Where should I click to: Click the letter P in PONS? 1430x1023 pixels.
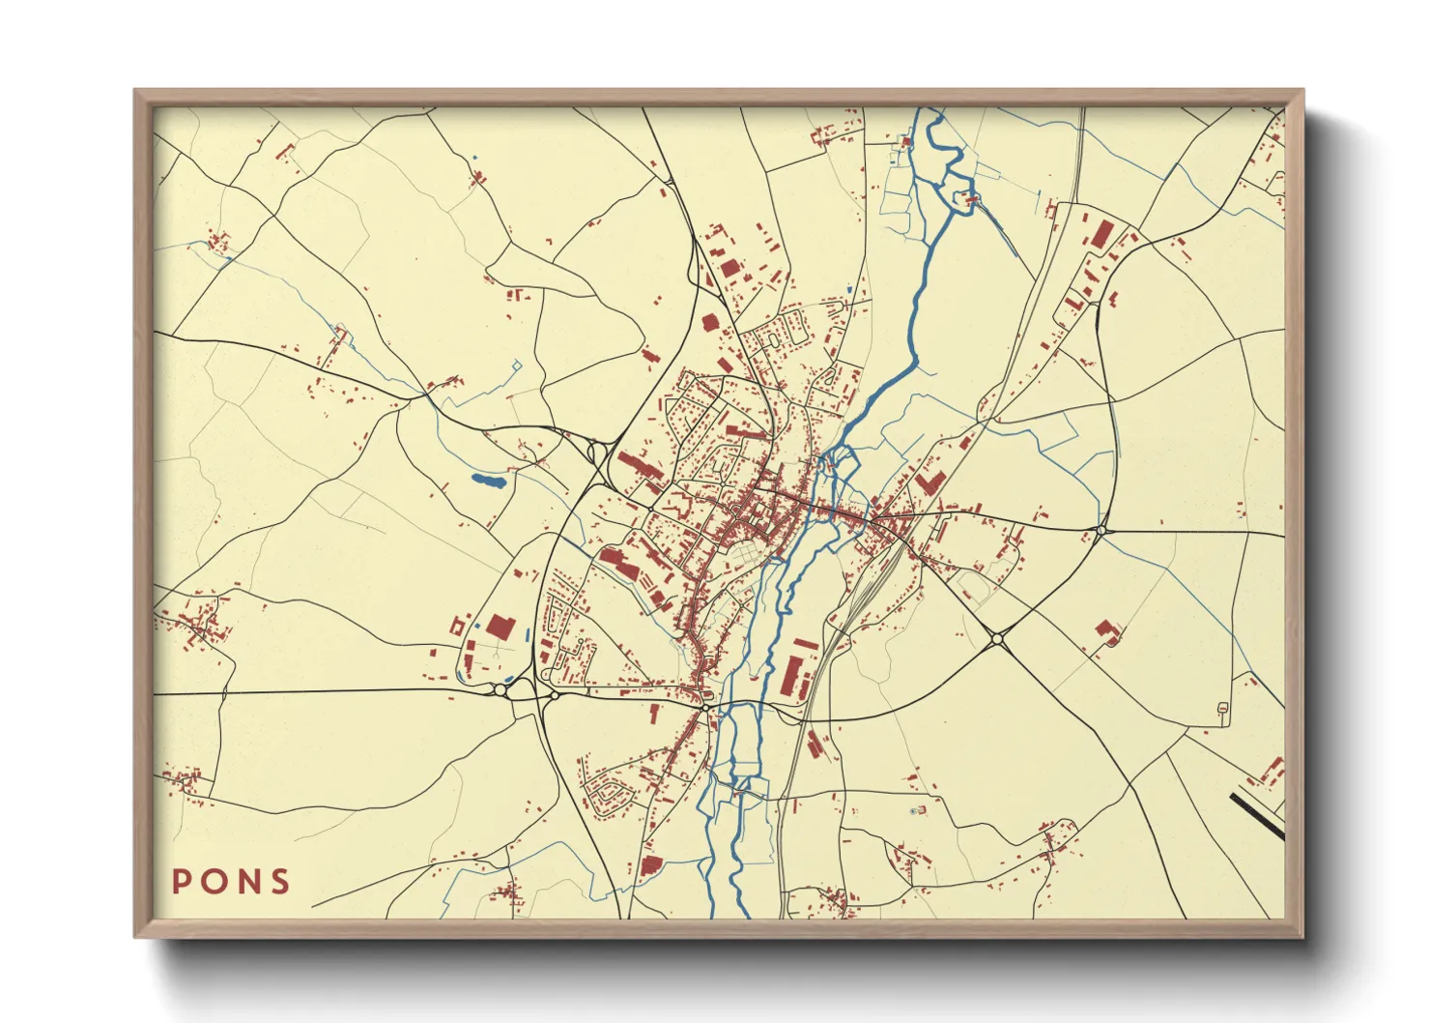click(181, 882)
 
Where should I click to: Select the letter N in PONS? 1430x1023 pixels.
click(248, 882)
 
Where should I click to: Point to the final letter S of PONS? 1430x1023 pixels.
click(280, 882)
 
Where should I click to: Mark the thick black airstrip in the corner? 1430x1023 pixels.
click(1257, 815)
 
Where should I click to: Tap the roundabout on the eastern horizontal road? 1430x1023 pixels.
click(1101, 530)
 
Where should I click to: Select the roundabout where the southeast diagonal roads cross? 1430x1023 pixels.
click(997, 639)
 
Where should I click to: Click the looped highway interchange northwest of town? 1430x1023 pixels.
click(594, 453)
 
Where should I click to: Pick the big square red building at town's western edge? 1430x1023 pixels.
click(500, 627)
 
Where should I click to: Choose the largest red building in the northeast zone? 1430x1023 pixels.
click(1101, 234)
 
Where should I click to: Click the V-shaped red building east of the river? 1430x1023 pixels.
click(929, 482)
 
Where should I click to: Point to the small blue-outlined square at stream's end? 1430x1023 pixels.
click(516, 365)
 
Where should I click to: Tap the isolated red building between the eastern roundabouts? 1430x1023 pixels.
click(1108, 631)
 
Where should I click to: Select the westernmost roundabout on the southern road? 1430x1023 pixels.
click(500, 689)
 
